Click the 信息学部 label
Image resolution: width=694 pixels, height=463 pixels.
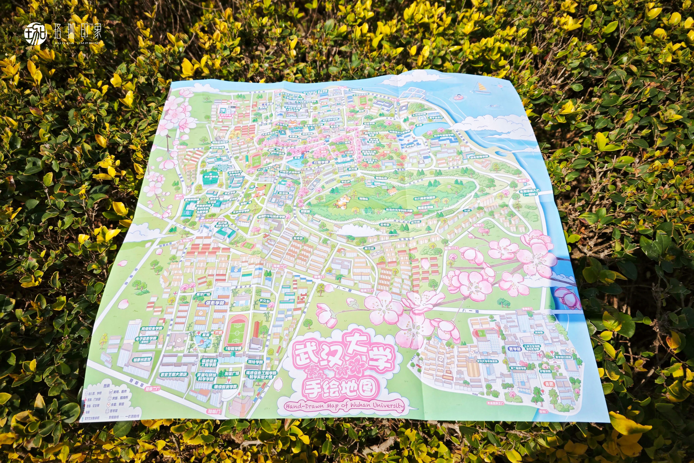click(215, 303)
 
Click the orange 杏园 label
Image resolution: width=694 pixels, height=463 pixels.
click(549, 384)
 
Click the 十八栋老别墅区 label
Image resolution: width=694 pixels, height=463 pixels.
click(425, 198)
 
